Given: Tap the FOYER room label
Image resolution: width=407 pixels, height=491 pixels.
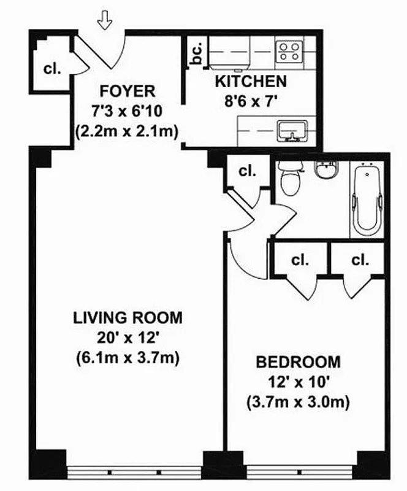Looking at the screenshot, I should (127, 91).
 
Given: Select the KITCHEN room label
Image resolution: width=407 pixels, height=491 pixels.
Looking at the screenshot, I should (250, 81).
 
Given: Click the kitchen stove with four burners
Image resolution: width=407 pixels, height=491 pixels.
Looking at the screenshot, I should (289, 50).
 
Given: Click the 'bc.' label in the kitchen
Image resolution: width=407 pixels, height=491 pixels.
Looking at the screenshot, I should (197, 55).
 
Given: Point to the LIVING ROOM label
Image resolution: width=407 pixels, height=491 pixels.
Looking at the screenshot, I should (127, 317).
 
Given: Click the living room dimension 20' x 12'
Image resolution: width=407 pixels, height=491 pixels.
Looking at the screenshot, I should (127, 337).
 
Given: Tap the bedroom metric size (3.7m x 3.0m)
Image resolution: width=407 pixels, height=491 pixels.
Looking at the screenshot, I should (298, 403).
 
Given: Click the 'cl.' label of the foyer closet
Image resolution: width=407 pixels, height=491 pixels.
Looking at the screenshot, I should (52, 69).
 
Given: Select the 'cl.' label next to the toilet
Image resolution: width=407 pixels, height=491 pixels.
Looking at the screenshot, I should (247, 171).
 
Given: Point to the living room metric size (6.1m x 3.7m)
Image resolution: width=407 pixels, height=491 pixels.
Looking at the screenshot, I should (127, 357).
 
